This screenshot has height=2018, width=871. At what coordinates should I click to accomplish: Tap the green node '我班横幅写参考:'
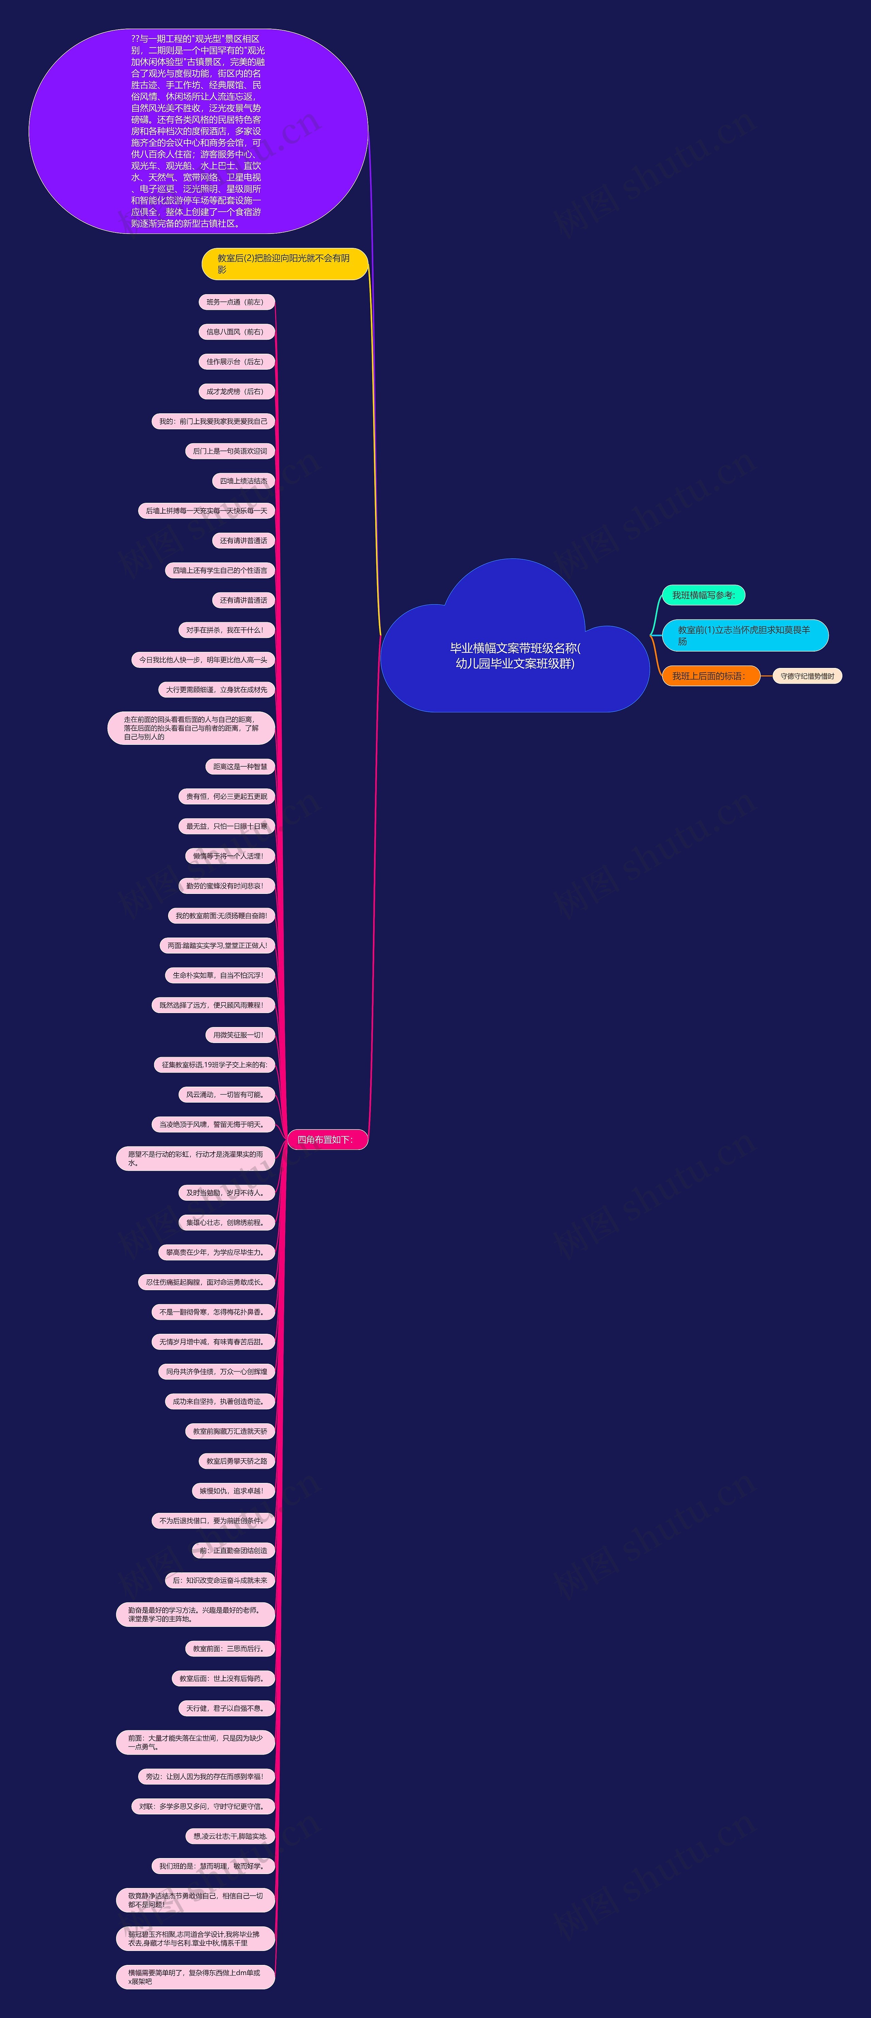pos(703,595)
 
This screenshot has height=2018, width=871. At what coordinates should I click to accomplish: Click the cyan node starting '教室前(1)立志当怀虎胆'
pos(744,635)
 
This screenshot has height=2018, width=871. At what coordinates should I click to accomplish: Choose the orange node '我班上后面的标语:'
pos(710,676)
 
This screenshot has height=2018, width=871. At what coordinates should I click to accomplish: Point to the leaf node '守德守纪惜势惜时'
pos(807,676)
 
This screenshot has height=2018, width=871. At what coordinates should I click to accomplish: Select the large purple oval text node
pos(198,131)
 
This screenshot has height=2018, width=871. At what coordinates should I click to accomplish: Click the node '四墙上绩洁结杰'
pos(243,481)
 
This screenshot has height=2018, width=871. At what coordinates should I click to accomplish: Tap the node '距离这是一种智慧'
pos(240,767)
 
